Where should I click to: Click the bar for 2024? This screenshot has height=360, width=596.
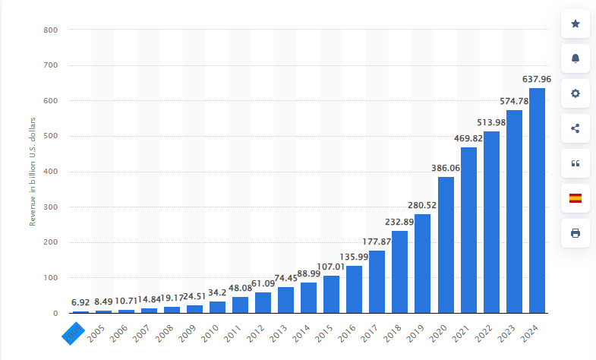[x=537, y=201]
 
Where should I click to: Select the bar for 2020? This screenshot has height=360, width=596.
[x=446, y=245]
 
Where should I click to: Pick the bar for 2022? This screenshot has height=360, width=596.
[x=491, y=222]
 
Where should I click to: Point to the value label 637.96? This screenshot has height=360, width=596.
[x=537, y=78]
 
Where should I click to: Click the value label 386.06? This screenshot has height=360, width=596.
[x=446, y=168]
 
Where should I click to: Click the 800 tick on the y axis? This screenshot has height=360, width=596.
[x=51, y=30]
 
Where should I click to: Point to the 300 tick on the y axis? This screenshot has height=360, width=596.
[x=51, y=207]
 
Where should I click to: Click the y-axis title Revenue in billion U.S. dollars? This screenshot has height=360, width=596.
[x=33, y=172]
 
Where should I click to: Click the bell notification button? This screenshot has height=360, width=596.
[x=575, y=58]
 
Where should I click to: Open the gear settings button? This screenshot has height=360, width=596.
[x=575, y=93]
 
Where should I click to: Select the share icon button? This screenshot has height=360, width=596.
[x=575, y=128]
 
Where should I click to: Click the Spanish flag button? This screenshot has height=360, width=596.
[x=575, y=198]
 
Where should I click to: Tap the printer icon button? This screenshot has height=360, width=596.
[x=575, y=233]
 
